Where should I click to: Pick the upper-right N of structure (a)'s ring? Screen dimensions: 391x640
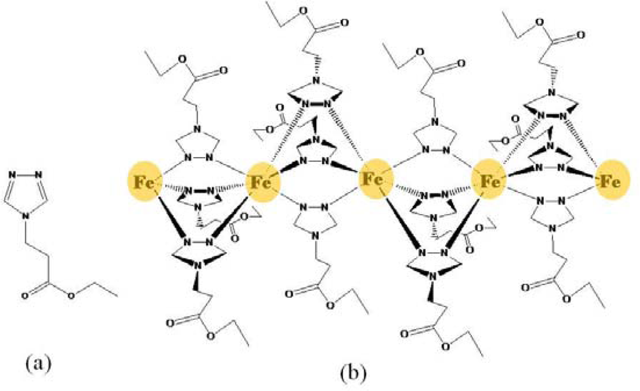coord(39,175)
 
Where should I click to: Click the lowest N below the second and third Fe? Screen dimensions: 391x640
coord(317,236)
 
